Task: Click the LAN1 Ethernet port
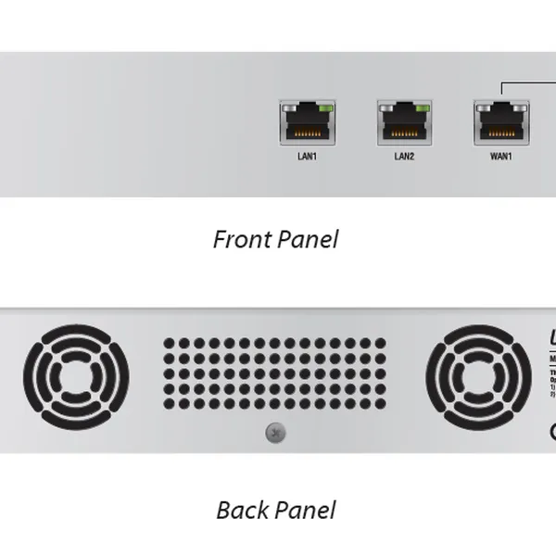[x=307, y=122]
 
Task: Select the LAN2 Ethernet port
[x=404, y=122]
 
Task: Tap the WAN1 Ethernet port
[x=501, y=122]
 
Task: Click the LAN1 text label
[x=307, y=157]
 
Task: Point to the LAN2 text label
[x=404, y=157]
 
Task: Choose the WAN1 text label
[x=501, y=157]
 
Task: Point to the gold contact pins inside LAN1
[x=307, y=131]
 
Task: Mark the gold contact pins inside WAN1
[x=501, y=131]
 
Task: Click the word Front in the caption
[x=244, y=240]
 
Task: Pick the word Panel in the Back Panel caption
[x=306, y=510]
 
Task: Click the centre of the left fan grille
[x=76, y=376]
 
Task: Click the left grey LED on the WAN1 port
[x=484, y=107]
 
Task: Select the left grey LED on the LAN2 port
[x=386, y=107]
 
